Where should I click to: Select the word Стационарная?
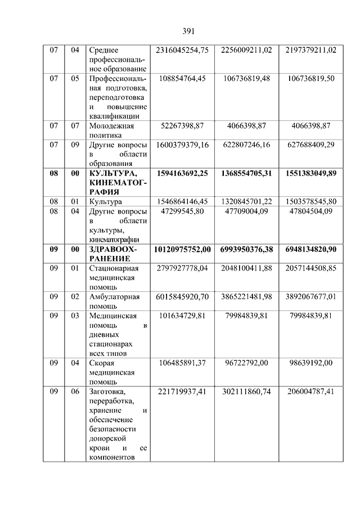tap(114, 268)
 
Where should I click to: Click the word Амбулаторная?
tap(114, 296)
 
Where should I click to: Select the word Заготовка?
tap(107, 391)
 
